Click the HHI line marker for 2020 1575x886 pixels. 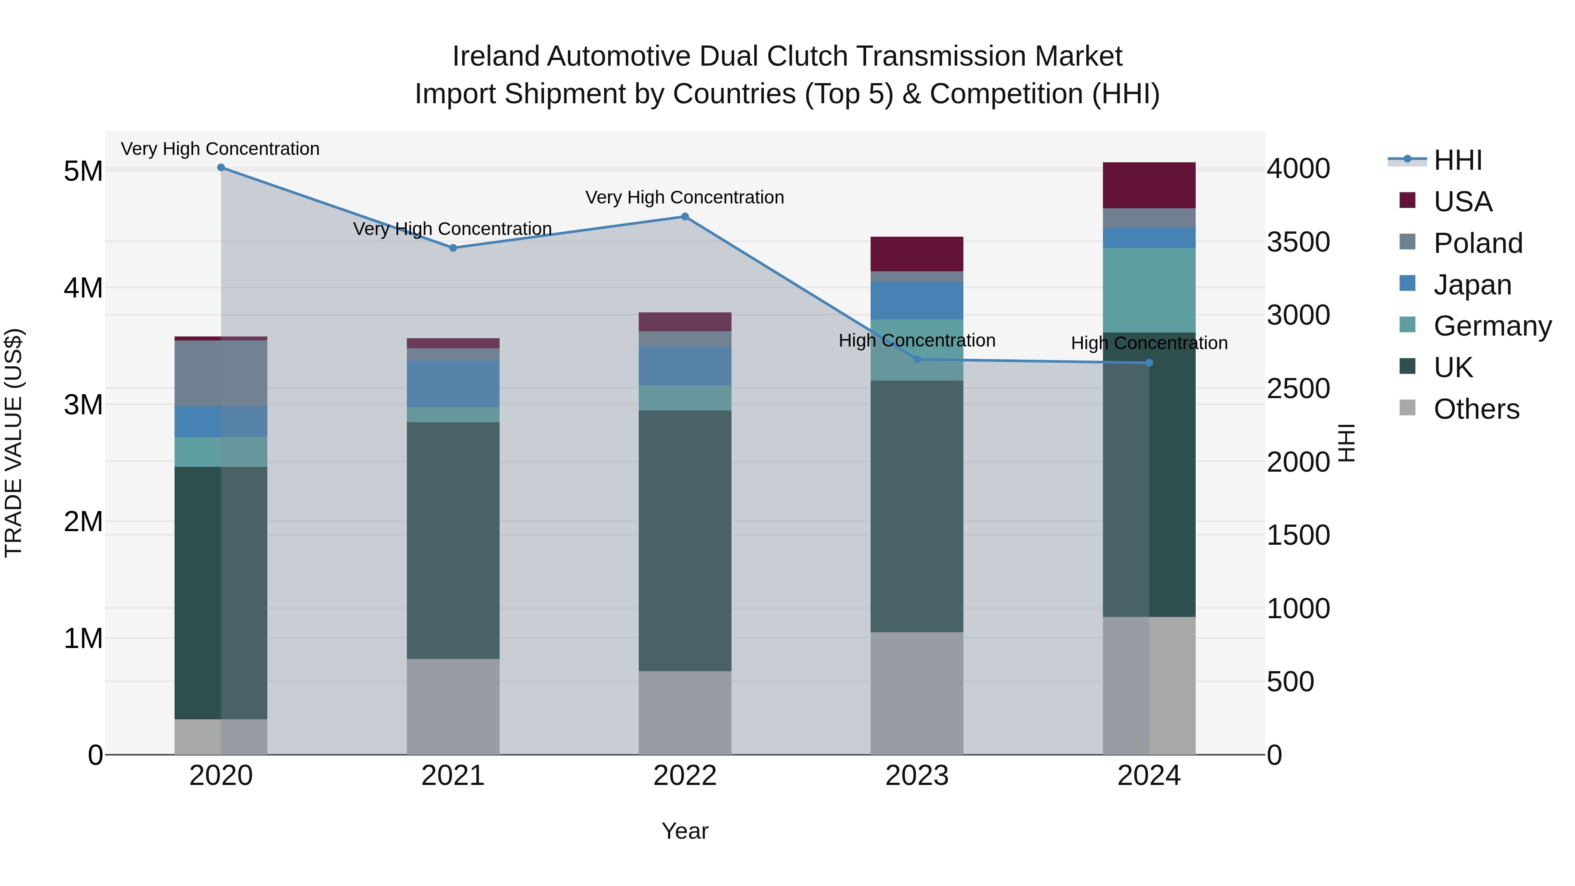tap(221, 168)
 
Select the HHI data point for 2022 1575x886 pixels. tap(685, 217)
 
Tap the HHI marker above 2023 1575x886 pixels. tap(917, 360)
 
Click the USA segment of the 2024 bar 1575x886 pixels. tap(1149, 185)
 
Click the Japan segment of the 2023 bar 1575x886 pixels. tap(917, 300)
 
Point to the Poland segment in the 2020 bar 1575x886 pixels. tap(221, 373)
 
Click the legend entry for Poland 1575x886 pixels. tap(1477, 243)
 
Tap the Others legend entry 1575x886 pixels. tap(1476, 409)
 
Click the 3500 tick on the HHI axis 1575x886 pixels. tap(1298, 242)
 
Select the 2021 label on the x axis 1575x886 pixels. tap(453, 776)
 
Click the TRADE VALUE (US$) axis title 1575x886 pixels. tap(14, 443)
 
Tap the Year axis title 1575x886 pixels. tap(685, 831)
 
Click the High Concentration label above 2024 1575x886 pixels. tap(1149, 343)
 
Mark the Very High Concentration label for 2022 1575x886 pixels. tap(685, 197)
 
